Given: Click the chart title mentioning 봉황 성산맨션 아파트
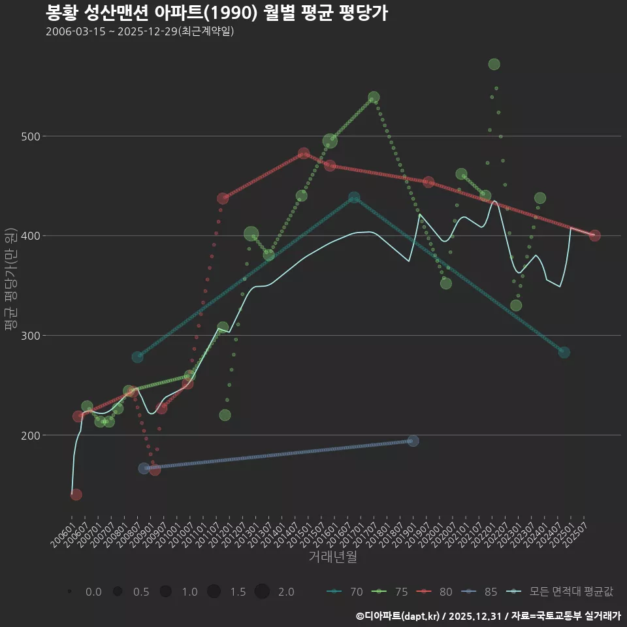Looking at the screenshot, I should (x=217, y=13).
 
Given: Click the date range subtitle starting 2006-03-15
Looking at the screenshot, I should (x=140, y=31).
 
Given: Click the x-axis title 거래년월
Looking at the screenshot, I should (x=332, y=557).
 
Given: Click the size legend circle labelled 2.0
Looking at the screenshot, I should (x=262, y=592).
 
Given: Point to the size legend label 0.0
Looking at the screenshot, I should (x=93, y=592).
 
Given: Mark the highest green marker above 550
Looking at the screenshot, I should (x=494, y=64).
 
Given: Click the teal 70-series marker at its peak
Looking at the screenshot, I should (x=354, y=197).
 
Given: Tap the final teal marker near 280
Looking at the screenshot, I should (x=564, y=352).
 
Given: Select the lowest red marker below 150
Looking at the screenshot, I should (x=76, y=494).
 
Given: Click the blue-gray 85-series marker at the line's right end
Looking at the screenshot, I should (x=413, y=441).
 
